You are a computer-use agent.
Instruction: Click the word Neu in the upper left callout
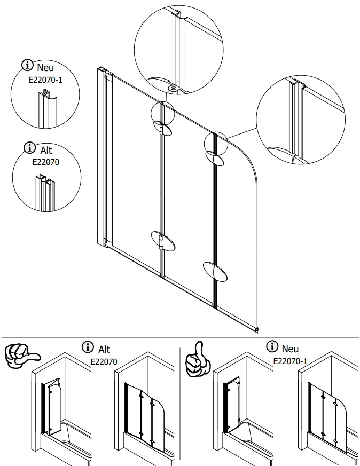click(x=45, y=68)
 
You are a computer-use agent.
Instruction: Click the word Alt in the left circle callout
click(x=46, y=151)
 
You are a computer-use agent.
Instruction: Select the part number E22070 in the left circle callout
click(x=45, y=162)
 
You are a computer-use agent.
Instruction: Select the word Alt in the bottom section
click(x=104, y=349)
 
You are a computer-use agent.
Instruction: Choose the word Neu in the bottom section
click(x=290, y=349)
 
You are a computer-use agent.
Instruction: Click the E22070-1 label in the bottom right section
click(x=290, y=361)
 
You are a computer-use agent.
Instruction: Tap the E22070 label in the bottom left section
click(x=104, y=361)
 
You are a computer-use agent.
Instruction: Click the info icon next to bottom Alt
click(x=88, y=347)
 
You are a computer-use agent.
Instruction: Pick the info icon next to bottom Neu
click(x=273, y=347)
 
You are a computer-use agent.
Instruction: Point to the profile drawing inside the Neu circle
click(x=44, y=109)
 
